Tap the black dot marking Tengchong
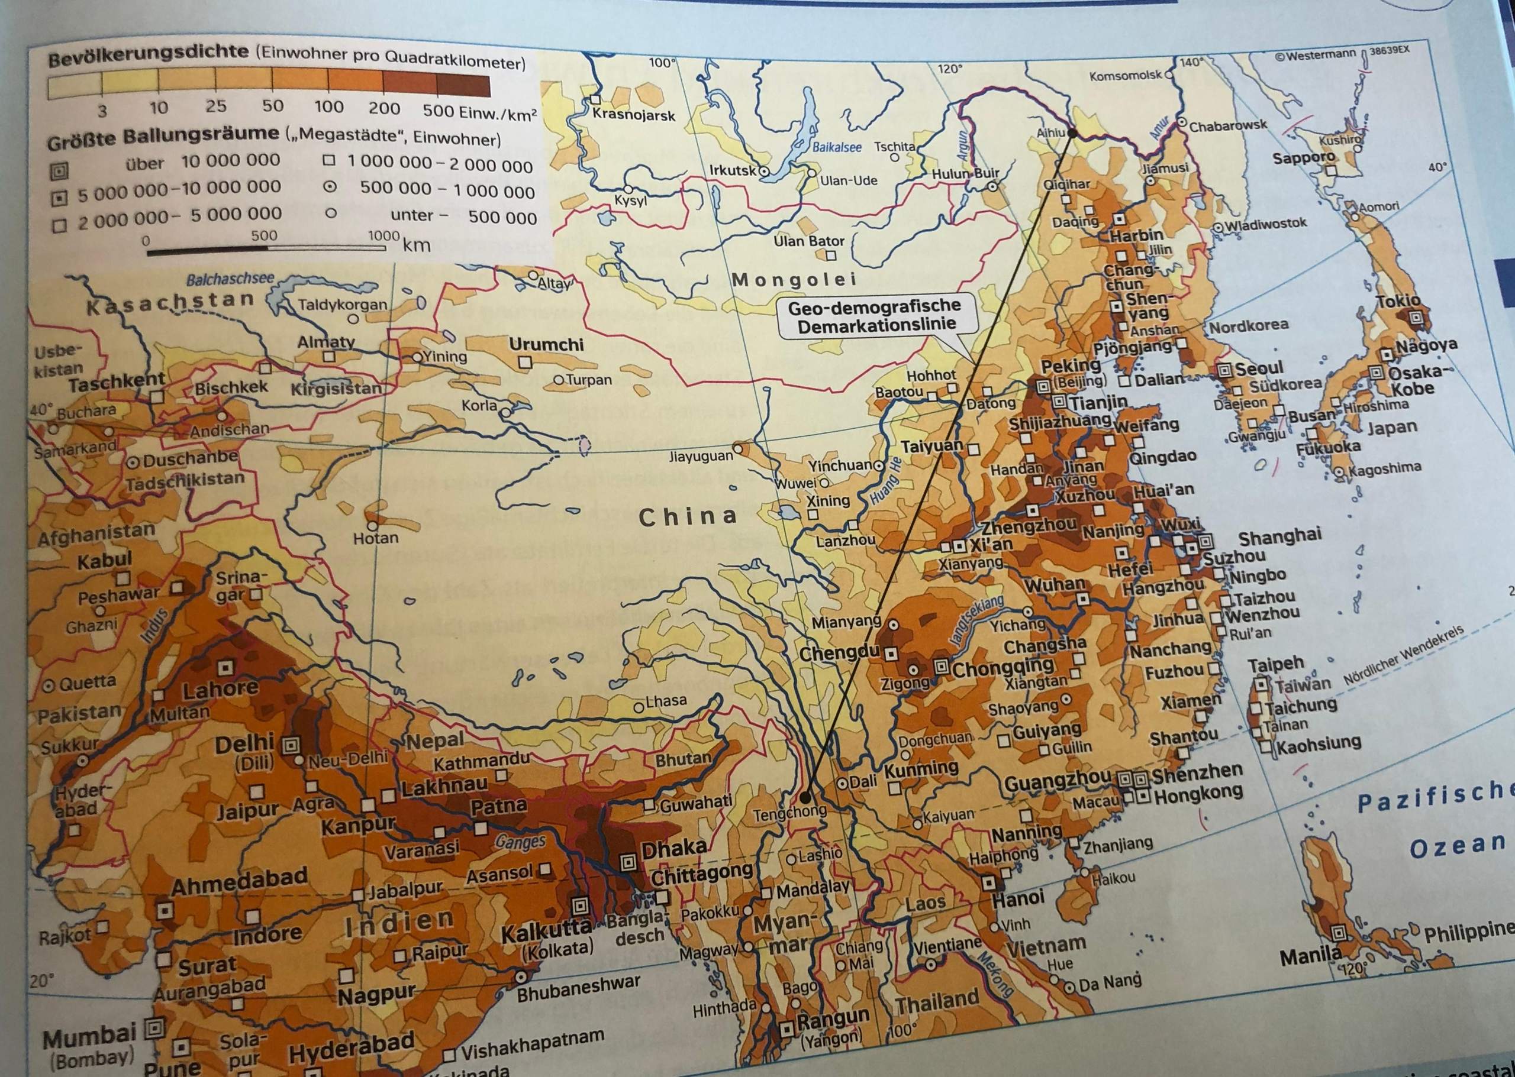pyautogui.click(x=804, y=797)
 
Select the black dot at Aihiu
pyautogui.click(x=1071, y=134)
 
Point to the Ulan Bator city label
pyautogui.click(x=808, y=241)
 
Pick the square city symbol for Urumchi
pyautogui.click(x=526, y=362)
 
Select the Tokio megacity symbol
pyautogui.click(x=1416, y=318)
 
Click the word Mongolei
pyautogui.click(x=794, y=280)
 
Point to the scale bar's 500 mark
pyautogui.click(x=264, y=236)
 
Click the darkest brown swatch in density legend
pyautogui.click(x=463, y=86)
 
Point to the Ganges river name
pyautogui.click(x=520, y=842)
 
